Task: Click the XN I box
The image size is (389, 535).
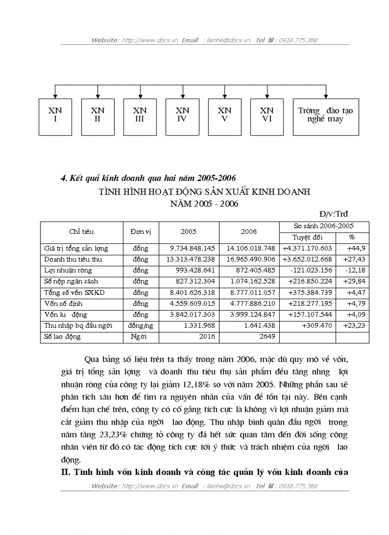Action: tap(55, 117)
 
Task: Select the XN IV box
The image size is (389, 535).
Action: tap(182, 117)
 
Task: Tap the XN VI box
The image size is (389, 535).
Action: tap(266, 117)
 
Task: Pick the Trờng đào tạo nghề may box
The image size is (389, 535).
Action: tap(326, 117)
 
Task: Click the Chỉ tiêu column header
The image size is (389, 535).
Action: tap(82, 232)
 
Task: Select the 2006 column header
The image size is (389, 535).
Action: tap(248, 232)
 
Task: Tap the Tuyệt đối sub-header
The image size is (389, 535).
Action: tap(307, 237)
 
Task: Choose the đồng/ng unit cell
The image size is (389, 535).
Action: tap(141, 326)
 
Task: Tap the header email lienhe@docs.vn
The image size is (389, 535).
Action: tap(228, 40)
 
